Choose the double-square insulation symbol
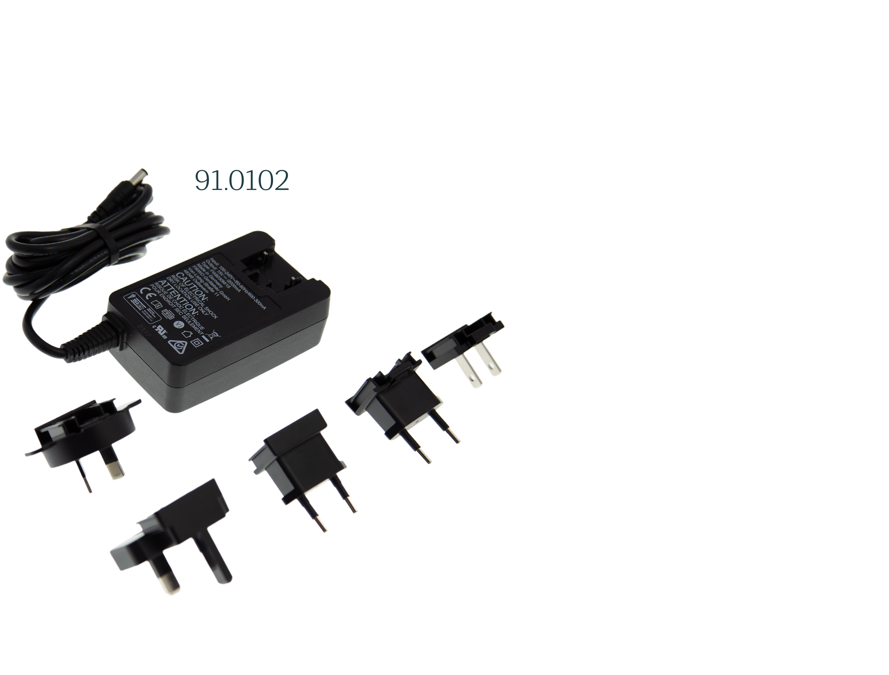pyautogui.click(x=197, y=343)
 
